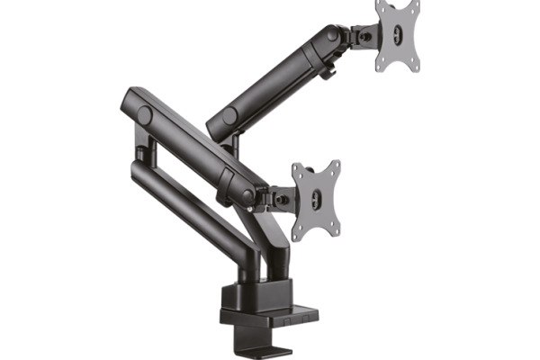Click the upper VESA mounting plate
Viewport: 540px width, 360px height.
398,36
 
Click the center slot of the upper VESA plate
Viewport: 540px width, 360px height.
397,37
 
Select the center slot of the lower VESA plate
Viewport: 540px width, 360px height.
317,200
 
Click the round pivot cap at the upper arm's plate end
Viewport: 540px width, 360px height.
334,34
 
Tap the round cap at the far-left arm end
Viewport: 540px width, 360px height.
145,114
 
